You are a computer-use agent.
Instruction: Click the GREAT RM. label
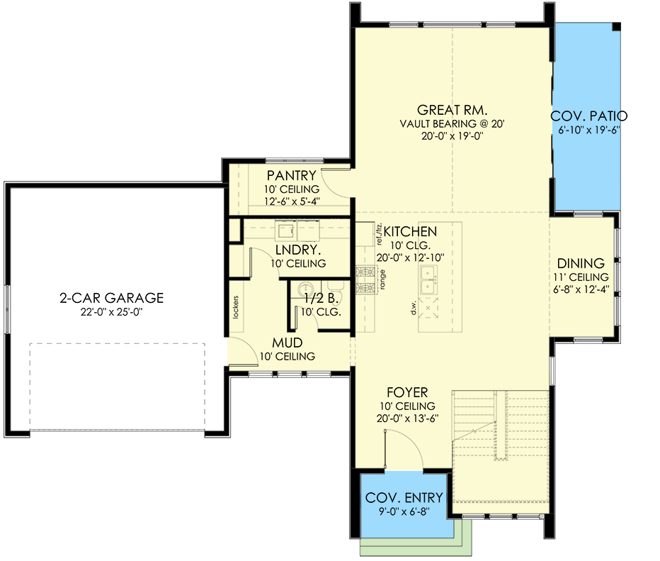pyautogui.click(x=452, y=110)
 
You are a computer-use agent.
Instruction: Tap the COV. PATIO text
pyautogui.click(x=588, y=117)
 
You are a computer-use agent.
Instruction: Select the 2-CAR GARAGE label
pyautogui.click(x=111, y=298)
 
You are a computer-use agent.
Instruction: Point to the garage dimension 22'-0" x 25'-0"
pyautogui.click(x=111, y=311)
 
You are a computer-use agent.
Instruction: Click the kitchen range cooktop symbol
pyautogui.click(x=366, y=280)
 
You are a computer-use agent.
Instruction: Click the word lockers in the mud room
pyautogui.click(x=234, y=306)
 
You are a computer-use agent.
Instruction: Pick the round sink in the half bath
pyautogui.click(x=305, y=289)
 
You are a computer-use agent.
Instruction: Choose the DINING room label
pyautogui.click(x=580, y=263)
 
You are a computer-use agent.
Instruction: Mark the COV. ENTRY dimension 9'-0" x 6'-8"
pyautogui.click(x=404, y=511)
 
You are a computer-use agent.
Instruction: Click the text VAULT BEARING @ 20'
pyautogui.click(x=451, y=123)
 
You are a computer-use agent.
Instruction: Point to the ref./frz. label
pyautogui.click(x=370, y=233)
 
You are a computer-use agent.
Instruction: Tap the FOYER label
pyautogui.click(x=407, y=392)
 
